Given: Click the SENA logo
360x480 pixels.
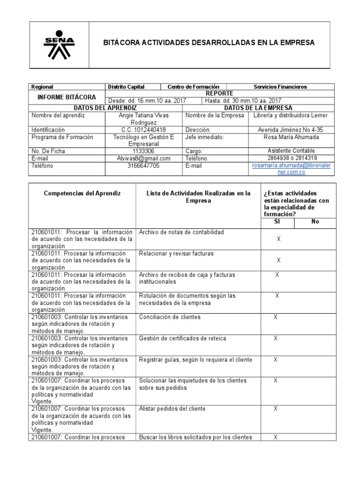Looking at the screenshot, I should point(59,45).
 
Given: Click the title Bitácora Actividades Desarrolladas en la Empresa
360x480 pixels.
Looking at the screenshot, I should point(209,43).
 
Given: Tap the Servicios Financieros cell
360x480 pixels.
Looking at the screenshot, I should point(280,87).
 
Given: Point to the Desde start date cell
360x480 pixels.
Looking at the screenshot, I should point(147,101).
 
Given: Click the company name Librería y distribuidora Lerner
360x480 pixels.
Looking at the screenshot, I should point(291,115).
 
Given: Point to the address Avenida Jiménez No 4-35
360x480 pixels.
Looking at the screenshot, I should point(291,130).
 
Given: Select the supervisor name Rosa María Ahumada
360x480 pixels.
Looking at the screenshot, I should point(291,137).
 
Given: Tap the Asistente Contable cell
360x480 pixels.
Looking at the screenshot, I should point(291,151).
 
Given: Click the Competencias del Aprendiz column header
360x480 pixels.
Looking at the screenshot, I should point(82,193).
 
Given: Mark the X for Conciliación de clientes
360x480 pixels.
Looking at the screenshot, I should point(276,317).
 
